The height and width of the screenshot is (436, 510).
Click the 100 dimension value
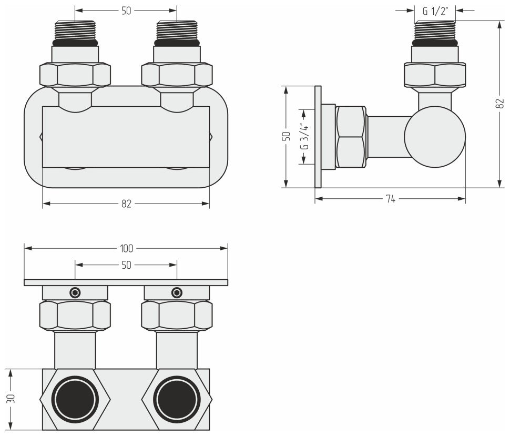pyautogui.click(x=126, y=248)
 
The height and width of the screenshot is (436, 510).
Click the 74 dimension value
pyautogui.click(x=390, y=198)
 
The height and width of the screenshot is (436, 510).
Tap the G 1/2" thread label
pyautogui.click(x=434, y=10)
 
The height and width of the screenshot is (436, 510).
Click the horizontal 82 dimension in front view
pyautogui.click(x=126, y=204)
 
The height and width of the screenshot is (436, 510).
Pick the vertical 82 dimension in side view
pyautogui.click(x=498, y=104)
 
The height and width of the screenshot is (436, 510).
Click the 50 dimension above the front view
pyautogui.click(x=126, y=10)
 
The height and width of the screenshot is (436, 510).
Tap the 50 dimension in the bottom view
pyautogui.click(x=126, y=266)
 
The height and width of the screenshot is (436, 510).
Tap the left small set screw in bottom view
pyautogui.click(x=75, y=292)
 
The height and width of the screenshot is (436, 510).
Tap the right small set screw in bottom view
pyautogui.click(x=177, y=292)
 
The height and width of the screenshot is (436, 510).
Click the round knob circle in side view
pyautogui.click(x=435, y=136)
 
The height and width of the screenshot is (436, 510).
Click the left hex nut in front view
pyautogui.click(x=75, y=74)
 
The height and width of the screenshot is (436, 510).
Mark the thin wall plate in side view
pyautogui.click(x=318, y=136)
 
